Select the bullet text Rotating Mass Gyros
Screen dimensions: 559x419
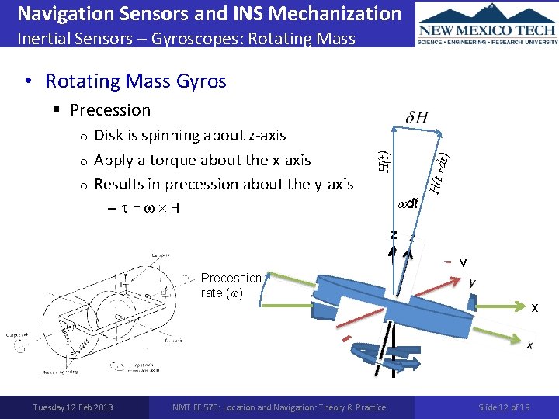click(x=136, y=81)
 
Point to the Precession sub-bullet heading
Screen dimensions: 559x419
click(x=110, y=110)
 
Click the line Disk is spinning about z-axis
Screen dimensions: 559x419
click(x=189, y=135)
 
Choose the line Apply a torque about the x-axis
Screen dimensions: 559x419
click(x=202, y=160)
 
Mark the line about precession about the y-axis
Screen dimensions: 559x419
click(x=223, y=184)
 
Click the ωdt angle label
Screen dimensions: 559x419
click(x=408, y=203)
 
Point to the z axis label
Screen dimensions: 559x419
click(x=394, y=234)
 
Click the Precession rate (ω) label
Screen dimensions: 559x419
click(x=231, y=285)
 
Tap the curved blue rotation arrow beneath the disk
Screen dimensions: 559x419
click(x=365, y=358)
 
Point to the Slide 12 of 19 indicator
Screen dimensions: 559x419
click(x=504, y=407)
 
